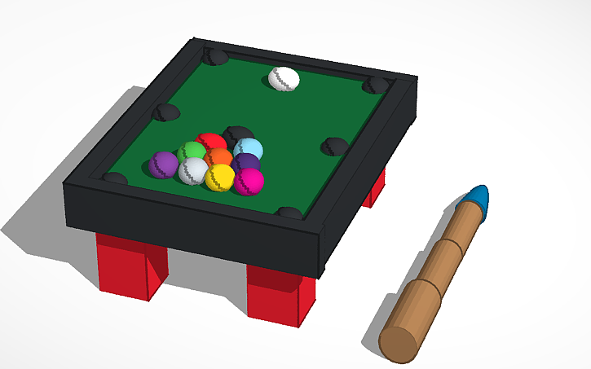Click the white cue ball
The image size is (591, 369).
point(284,79)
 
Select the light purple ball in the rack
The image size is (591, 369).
point(165,165)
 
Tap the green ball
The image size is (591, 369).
point(192,152)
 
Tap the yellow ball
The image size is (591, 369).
point(219,178)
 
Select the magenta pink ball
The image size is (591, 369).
point(249,181)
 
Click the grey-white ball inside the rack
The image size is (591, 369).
point(193,171)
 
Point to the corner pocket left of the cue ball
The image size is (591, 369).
point(216,56)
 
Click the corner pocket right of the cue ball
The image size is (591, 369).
point(377,85)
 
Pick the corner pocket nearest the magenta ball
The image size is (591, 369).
point(289,213)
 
